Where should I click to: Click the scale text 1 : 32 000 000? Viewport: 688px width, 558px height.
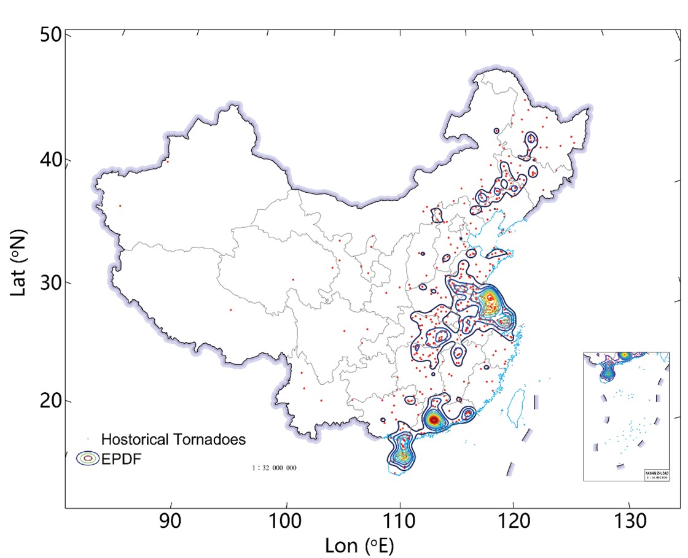coord(274,468)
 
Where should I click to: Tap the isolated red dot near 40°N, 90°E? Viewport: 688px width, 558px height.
coord(167,161)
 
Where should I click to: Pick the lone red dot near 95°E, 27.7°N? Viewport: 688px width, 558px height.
coord(230,310)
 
